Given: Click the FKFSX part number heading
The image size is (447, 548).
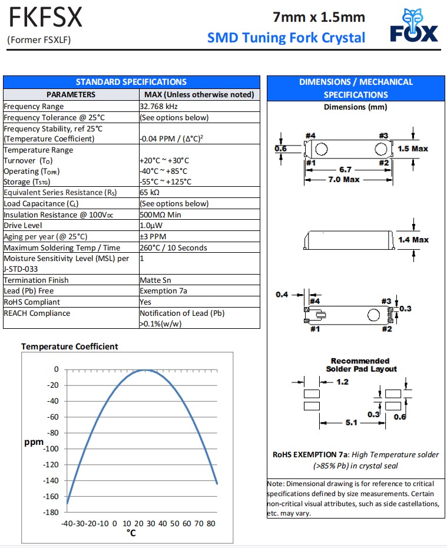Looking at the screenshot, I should pyautogui.click(x=45, y=18).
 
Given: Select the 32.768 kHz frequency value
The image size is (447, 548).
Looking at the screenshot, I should pyautogui.click(x=159, y=107).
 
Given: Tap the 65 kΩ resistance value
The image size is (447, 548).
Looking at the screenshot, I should pyautogui.click(x=150, y=193).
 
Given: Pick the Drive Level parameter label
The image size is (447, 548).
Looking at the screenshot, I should pyautogui.click(x=23, y=226).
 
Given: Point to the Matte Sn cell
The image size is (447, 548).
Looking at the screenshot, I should pyautogui.click(x=155, y=280).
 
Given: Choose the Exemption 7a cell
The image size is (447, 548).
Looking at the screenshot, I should pyautogui.click(x=163, y=291).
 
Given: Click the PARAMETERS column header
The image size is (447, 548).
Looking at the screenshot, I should pyautogui.click(x=71, y=94).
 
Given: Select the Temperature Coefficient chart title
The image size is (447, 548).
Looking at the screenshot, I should pyautogui.click(x=69, y=346).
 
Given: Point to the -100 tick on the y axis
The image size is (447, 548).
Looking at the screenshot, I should pyautogui.click(x=51, y=448).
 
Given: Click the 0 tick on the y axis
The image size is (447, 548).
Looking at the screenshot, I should pyautogui.click(x=57, y=369).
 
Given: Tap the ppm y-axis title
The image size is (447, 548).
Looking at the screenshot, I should pyautogui.click(x=34, y=441).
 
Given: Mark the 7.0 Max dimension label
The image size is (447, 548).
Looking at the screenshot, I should pyautogui.click(x=343, y=179).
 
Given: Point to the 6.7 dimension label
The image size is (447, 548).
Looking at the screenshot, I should pyautogui.click(x=346, y=170).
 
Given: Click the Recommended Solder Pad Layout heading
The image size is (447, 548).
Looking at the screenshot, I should pyautogui.click(x=361, y=365).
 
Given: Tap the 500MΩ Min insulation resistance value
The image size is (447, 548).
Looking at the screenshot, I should pyautogui.click(x=160, y=214).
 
